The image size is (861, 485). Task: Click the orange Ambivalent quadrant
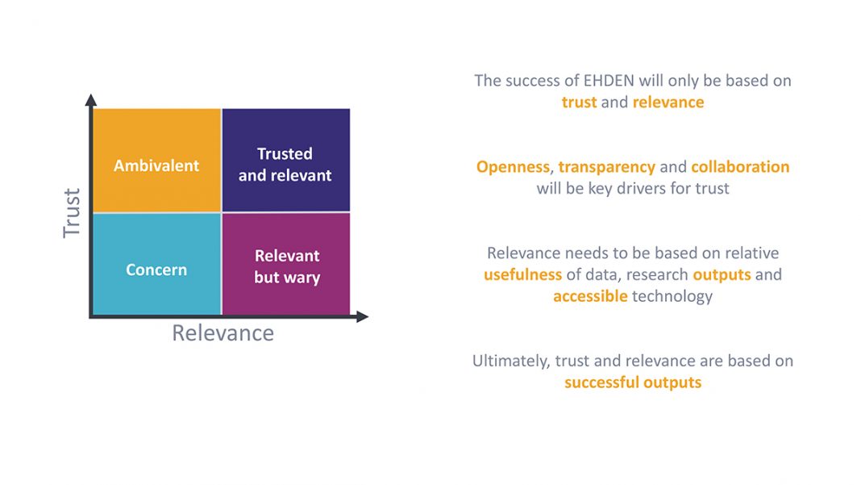(157, 160)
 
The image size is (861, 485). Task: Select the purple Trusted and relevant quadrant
(286, 160)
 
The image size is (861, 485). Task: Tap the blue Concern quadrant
(157, 264)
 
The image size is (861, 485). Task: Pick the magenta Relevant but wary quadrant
(286, 264)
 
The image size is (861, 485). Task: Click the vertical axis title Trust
(72, 213)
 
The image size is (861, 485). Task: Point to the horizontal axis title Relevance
(223, 333)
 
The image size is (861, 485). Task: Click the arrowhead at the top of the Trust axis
(91, 99)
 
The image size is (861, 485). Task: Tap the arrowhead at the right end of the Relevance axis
(363, 316)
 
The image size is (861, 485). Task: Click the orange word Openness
(513, 167)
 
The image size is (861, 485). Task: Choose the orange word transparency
(607, 167)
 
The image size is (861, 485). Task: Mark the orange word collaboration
(740, 166)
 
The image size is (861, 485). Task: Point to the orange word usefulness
(522, 274)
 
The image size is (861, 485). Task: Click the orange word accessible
(590, 296)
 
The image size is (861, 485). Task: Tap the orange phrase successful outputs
(633, 383)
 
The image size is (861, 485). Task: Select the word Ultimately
(510, 362)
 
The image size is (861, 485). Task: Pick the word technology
(672, 297)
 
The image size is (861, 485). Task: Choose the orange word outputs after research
(722, 275)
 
